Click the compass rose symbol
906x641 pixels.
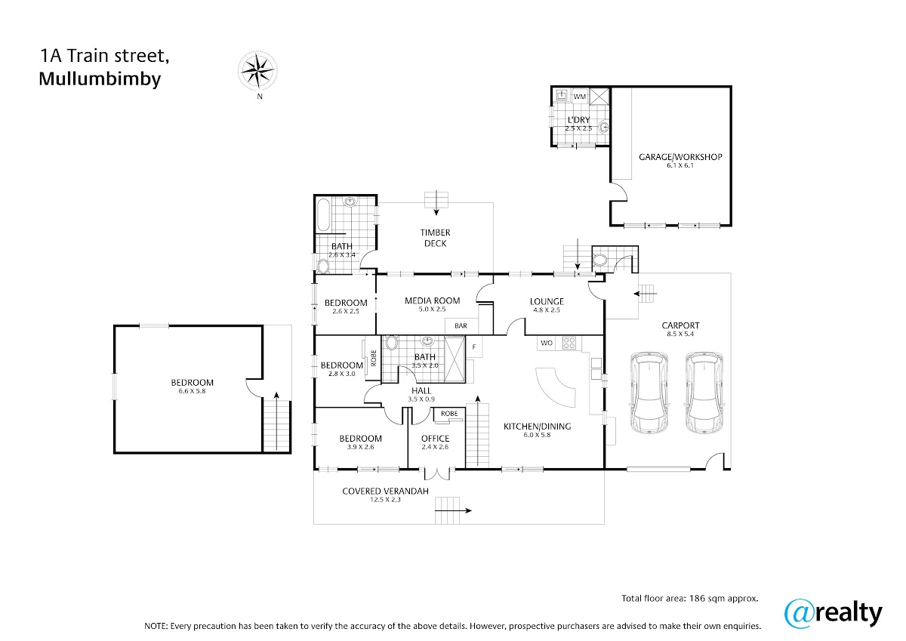257,71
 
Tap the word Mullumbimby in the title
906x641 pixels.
100,79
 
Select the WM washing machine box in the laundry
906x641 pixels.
580,96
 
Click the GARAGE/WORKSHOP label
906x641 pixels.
680,157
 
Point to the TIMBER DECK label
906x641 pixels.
435,238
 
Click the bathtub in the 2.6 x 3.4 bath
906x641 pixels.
323,214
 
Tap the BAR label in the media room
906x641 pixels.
461,325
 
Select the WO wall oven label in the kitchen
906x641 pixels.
547,343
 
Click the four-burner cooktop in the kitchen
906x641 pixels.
569,343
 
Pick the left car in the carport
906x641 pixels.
649,393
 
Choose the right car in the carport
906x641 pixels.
704,393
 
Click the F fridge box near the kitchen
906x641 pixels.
474,347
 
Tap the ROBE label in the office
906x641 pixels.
449,413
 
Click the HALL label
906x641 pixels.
421,390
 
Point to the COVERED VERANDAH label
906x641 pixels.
385,491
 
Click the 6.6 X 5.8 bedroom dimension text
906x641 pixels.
192,391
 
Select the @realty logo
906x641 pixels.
834,614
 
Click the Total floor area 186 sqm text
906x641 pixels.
689,598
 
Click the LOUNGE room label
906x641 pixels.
547,301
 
